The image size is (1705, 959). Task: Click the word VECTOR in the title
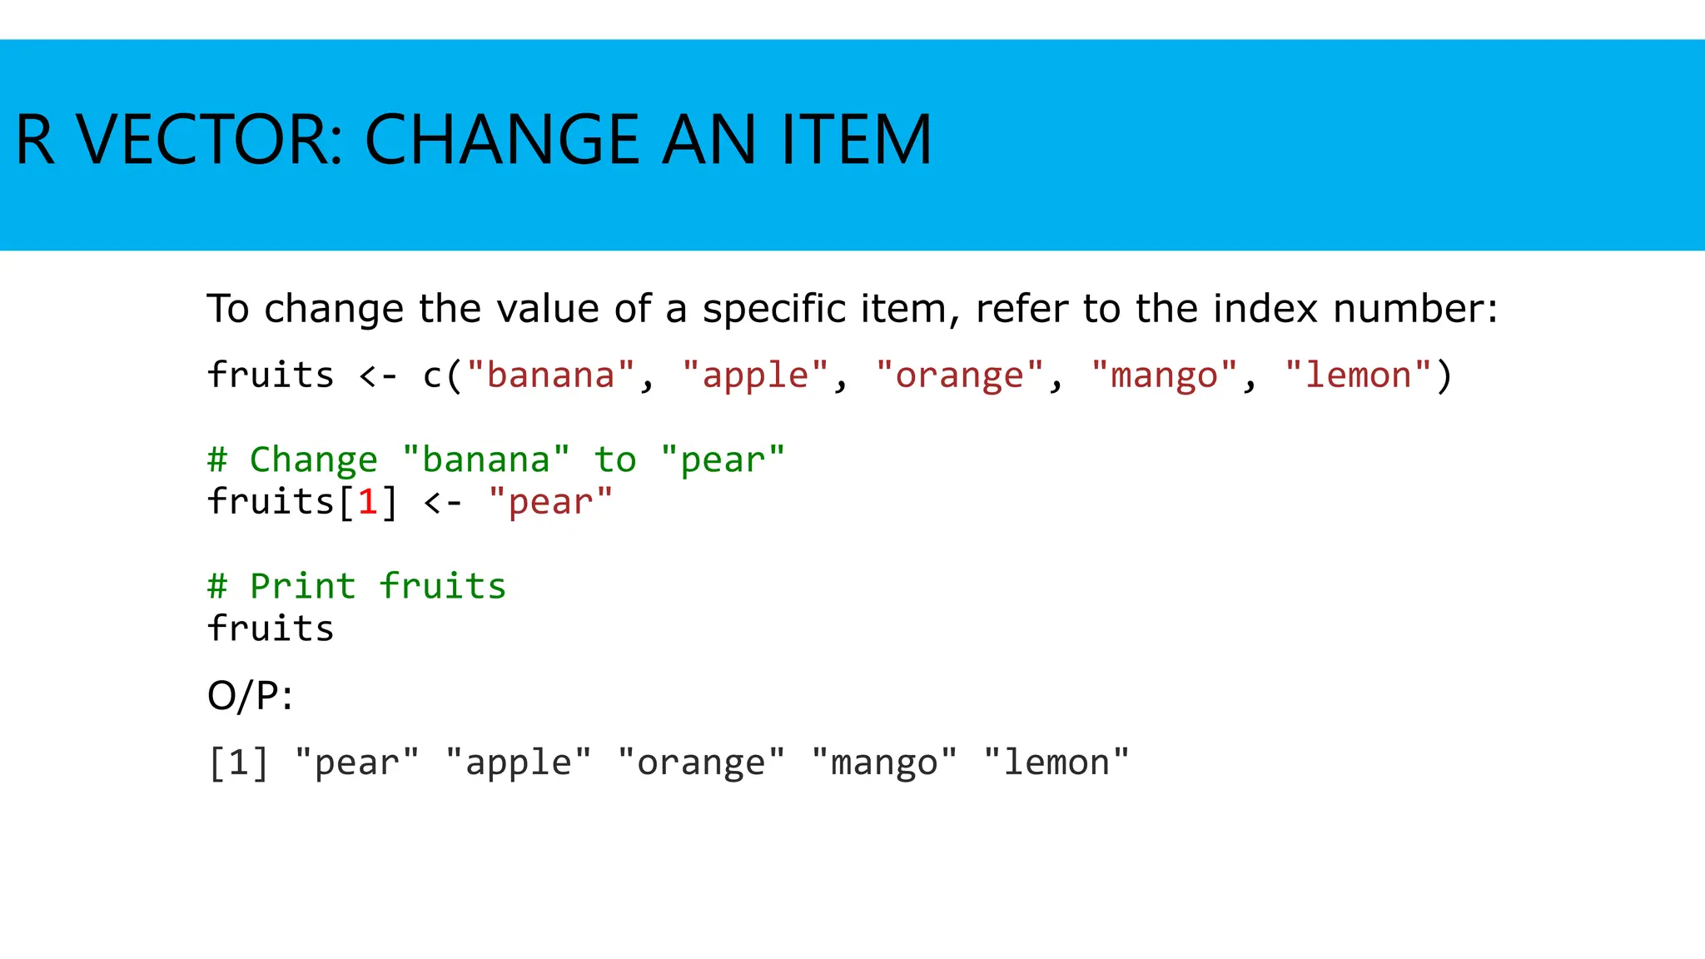tap(208, 140)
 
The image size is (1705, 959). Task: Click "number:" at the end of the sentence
tap(1415, 310)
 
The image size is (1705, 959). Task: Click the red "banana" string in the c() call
tap(550, 376)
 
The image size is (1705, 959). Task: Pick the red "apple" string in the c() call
tap(755, 376)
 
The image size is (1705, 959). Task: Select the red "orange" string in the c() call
tap(959, 376)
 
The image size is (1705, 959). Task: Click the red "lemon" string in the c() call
tap(1358, 376)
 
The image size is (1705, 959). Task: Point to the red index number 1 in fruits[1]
tap(367, 503)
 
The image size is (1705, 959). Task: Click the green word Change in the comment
tap(314, 460)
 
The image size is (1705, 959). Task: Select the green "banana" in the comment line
tap(486, 460)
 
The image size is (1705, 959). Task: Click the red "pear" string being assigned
tap(550, 503)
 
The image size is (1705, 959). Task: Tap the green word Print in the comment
tap(303, 587)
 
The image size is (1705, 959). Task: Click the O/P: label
tap(250, 696)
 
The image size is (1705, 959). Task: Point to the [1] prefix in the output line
tap(239, 763)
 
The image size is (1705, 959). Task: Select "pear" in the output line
tap(357, 763)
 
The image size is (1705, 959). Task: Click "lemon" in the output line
tap(1056, 763)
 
